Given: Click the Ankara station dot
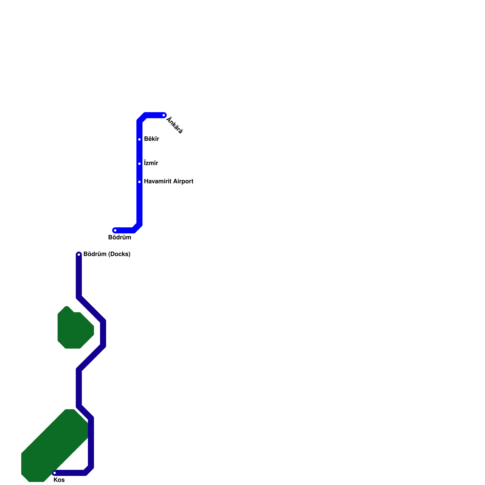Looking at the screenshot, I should [164, 115].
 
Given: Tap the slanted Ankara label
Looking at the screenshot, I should [175, 125].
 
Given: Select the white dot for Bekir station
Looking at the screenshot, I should [139, 139].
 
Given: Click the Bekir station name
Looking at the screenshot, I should [151, 139].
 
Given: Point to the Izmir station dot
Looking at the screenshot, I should [139, 164].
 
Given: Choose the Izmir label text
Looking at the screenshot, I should [151, 163].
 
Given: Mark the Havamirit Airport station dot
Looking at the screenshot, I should [139, 182].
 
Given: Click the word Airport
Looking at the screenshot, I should [181, 181].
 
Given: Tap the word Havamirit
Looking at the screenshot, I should [156, 181].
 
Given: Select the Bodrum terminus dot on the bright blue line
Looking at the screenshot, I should [115, 230].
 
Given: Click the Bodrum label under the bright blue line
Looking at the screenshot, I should [120, 237].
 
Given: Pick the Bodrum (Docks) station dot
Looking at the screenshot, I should [79, 254].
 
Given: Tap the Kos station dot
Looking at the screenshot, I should [55, 473].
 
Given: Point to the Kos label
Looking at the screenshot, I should [59, 480].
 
